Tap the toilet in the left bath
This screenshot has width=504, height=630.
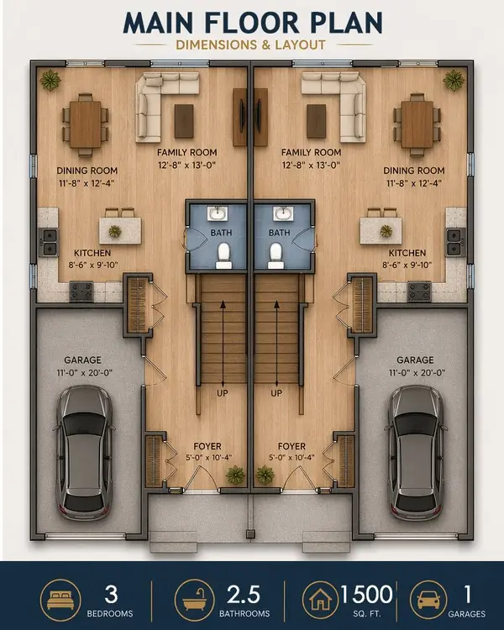pos(224,254)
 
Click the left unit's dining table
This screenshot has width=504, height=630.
pos(86,123)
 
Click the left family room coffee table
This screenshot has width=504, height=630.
pos(184,121)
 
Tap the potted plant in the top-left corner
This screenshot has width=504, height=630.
pos(50,81)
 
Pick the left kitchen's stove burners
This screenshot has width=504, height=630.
pos(81,291)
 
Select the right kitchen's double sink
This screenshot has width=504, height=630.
pos(456,242)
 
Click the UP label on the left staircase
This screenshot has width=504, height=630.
pos(223,392)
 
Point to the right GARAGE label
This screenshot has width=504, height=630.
pos(415,359)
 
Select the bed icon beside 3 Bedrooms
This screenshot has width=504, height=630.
pos(60,600)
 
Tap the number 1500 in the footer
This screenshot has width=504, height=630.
pos(366,594)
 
